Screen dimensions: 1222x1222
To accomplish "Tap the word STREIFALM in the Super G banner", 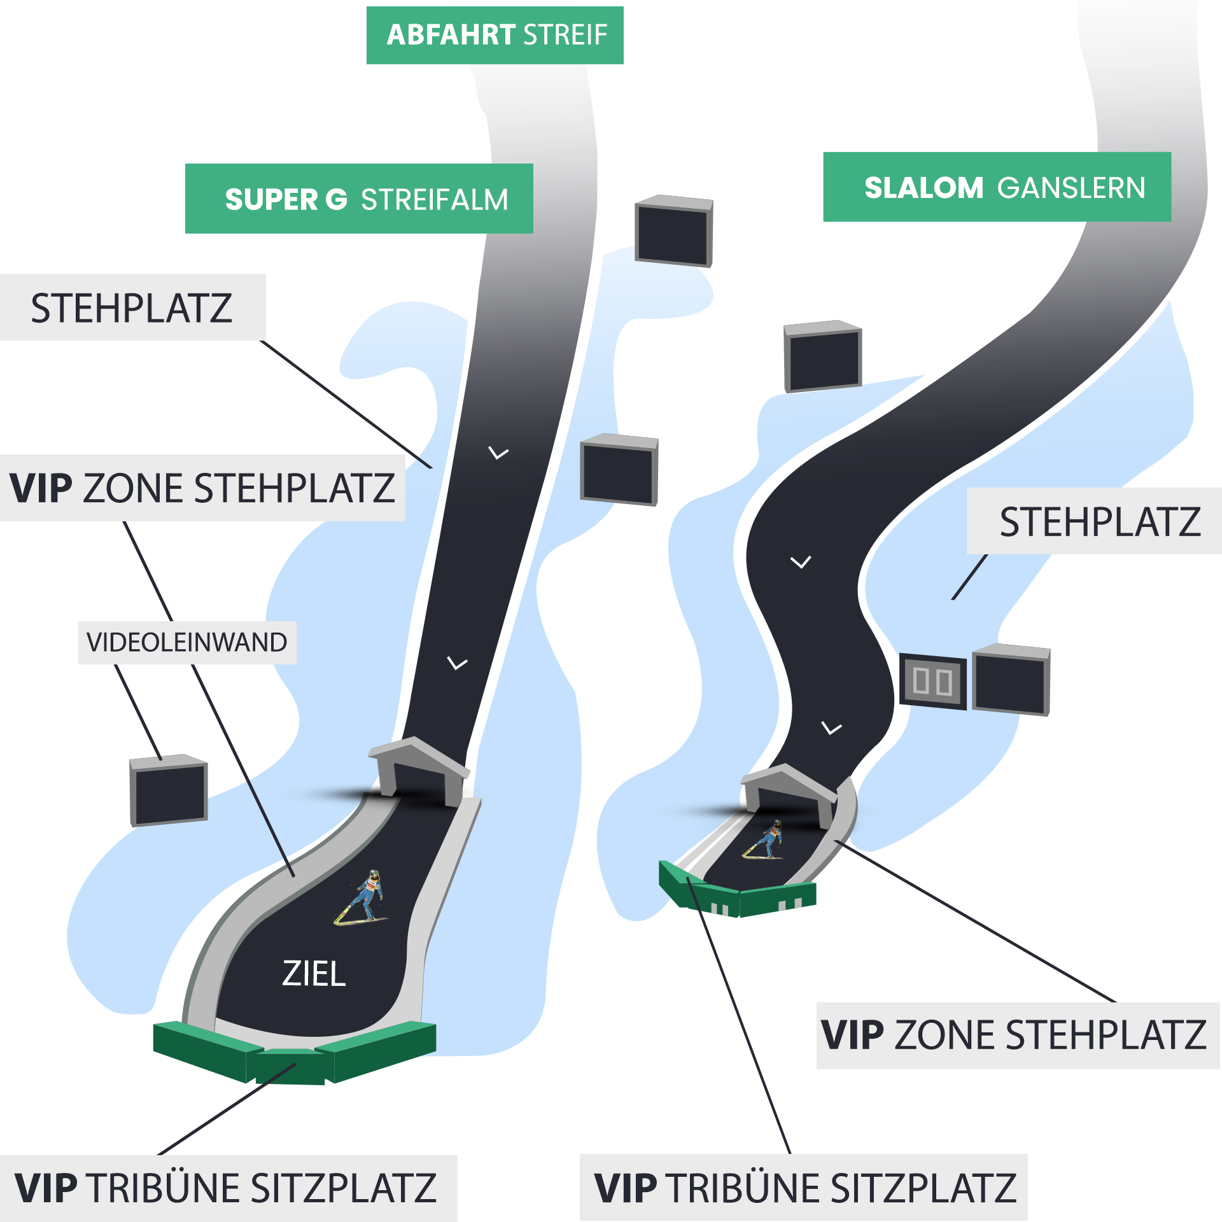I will [435, 200].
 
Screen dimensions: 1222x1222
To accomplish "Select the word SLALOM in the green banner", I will [924, 188].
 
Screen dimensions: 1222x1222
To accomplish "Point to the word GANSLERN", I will [1071, 188].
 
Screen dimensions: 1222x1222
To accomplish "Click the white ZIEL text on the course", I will [314, 974].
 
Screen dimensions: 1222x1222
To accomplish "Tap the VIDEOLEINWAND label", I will [186, 642].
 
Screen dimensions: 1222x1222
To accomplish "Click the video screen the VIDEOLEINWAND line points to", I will [169, 790].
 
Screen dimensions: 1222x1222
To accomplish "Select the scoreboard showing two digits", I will [932, 681].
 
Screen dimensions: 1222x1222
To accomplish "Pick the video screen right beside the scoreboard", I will [1011, 680].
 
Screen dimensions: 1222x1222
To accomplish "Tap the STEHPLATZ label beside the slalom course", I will [1100, 522].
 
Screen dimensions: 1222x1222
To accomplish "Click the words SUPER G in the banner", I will [286, 200].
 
